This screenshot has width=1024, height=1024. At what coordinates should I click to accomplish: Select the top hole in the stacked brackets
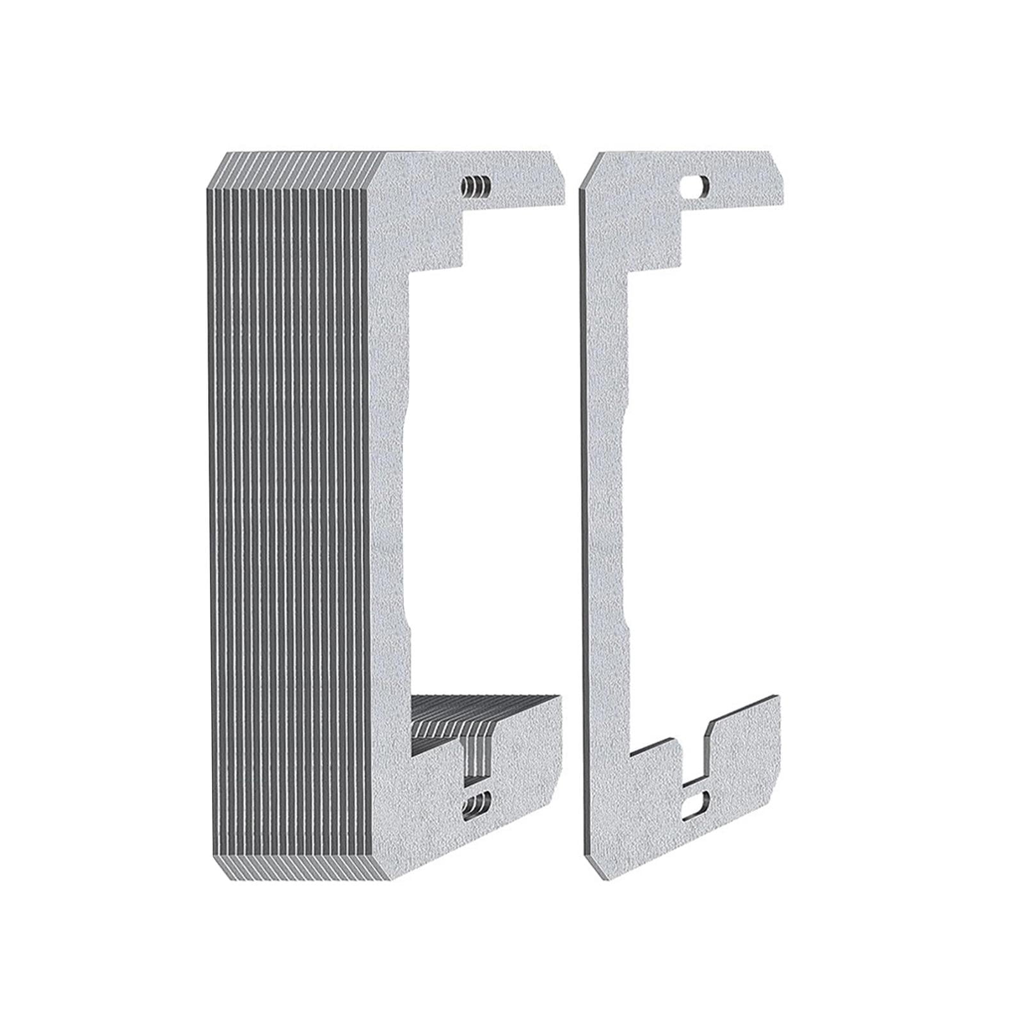pyautogui.click(x=476, y=188)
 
